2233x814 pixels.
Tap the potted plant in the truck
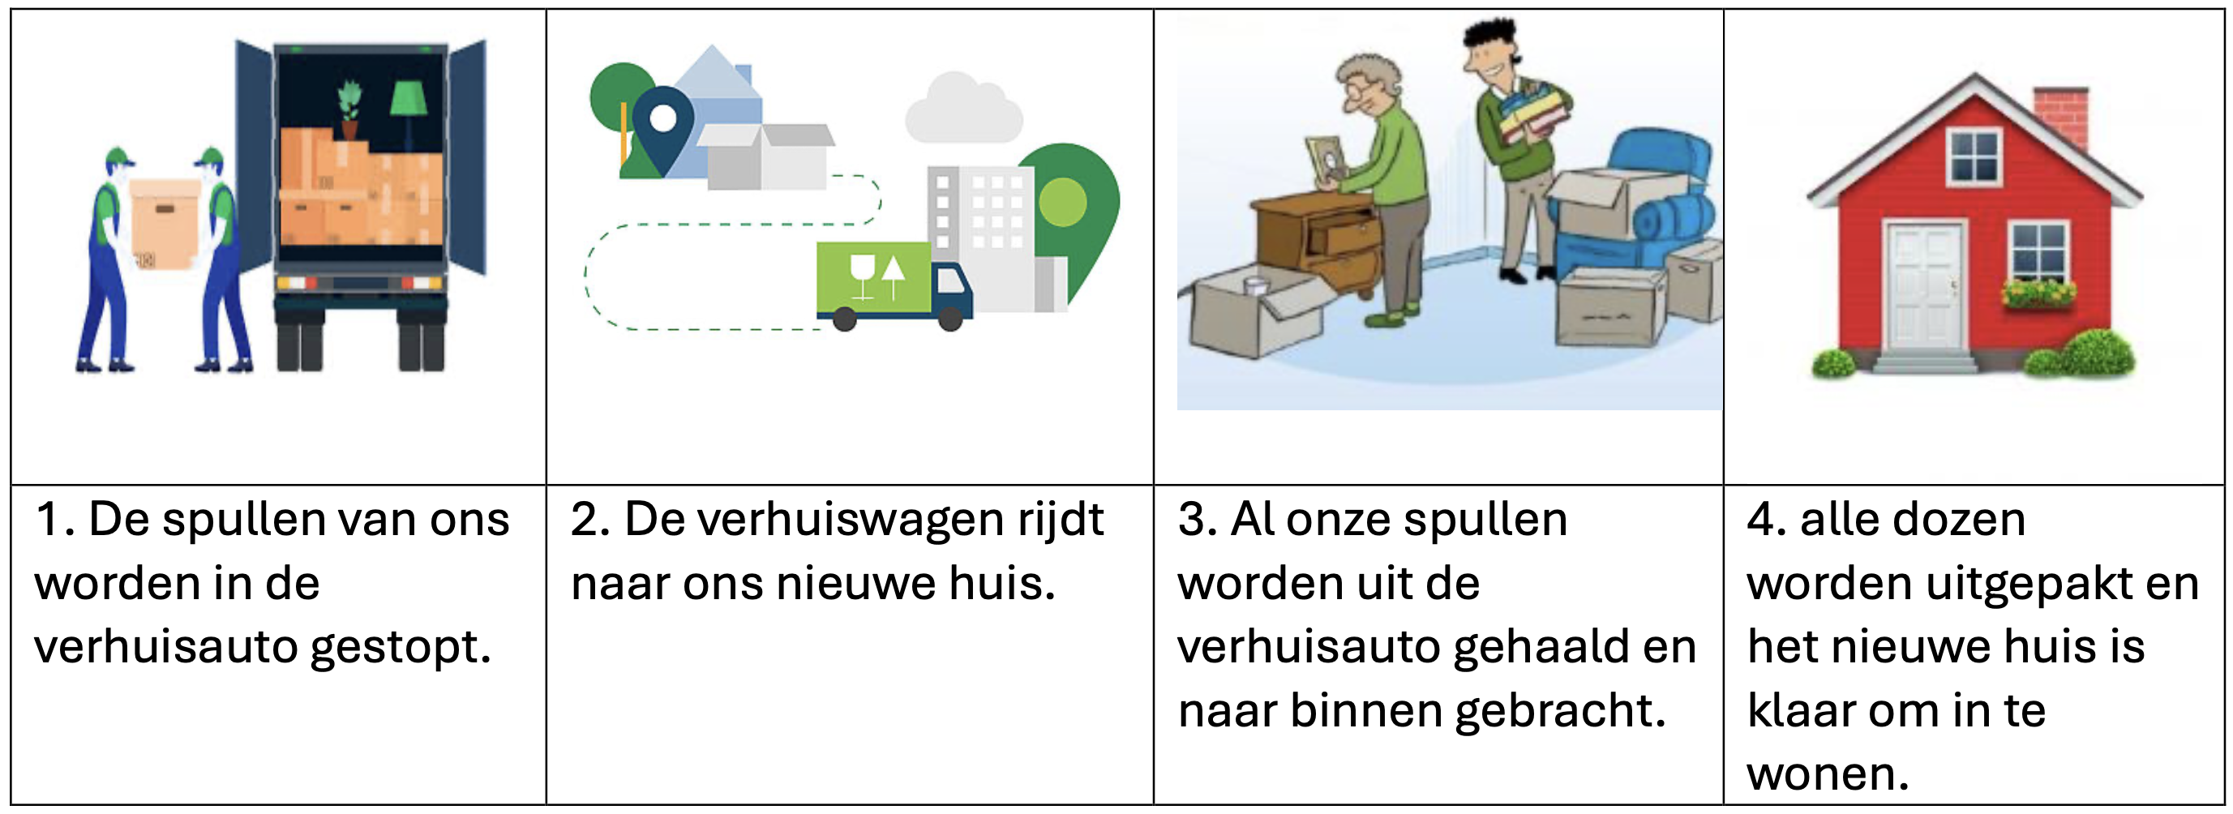tap(349, 109)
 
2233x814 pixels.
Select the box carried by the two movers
tap(164, 221)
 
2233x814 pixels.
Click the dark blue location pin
tap(663, 126)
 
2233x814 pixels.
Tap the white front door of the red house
tap(1924, 286)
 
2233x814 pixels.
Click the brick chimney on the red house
tap(2061, 117)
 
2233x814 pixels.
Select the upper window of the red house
tap(1974, 156)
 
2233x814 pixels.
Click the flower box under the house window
tap(2039, 295)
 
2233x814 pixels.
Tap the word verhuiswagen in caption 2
tap(813, 521)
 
